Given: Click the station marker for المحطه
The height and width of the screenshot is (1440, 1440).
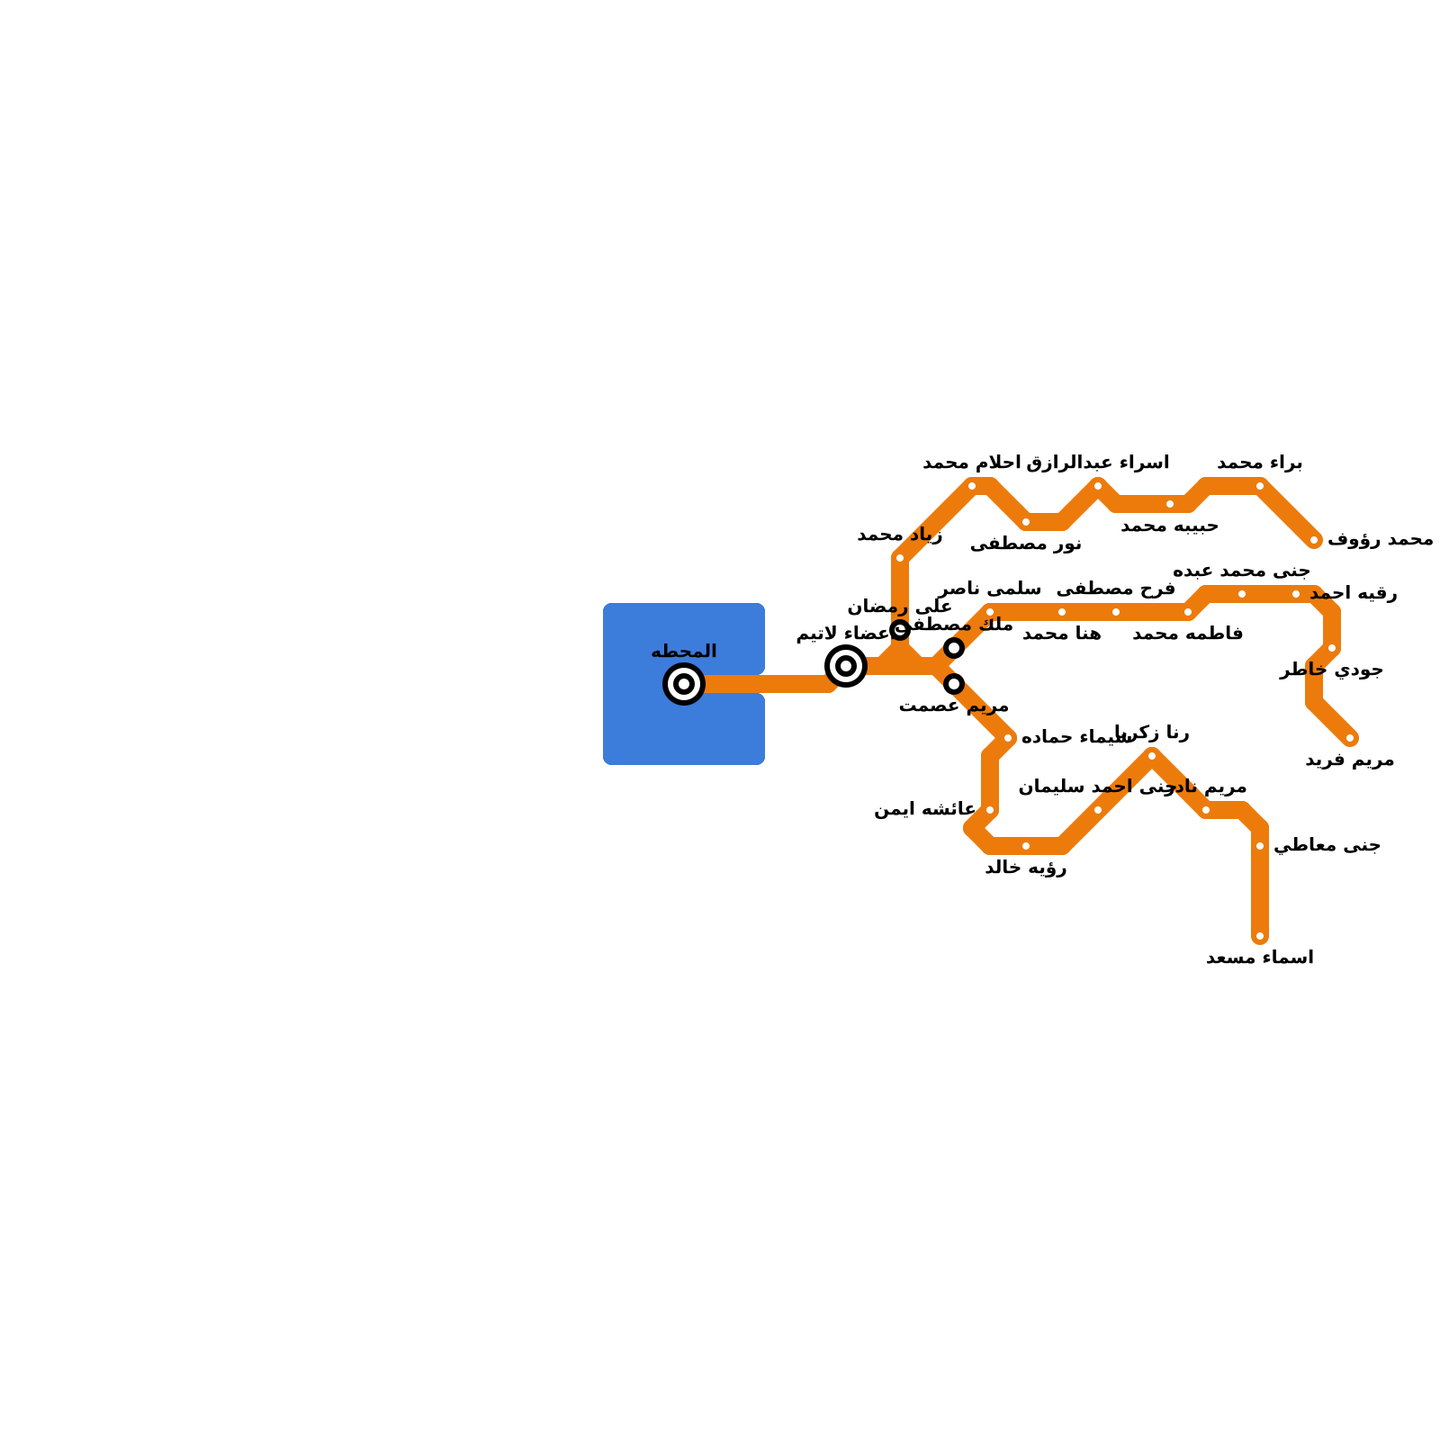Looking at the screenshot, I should click(684, 684).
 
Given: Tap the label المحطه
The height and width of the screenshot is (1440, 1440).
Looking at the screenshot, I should click(684, 652).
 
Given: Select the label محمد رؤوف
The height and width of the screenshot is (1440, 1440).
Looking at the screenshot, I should click(1380, 540).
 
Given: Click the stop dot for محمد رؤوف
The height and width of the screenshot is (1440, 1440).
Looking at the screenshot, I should click(1314, 540).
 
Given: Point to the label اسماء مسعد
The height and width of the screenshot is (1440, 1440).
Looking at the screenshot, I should click(1260, 958).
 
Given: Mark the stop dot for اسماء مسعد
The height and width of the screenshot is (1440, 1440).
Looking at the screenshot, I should click(1260, 936).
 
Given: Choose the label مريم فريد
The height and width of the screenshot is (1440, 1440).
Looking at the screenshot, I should click(1350, 760).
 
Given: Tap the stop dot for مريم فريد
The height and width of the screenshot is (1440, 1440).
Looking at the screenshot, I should click(1350, 738).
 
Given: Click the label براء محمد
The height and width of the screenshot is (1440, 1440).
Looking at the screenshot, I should click(1260, 463).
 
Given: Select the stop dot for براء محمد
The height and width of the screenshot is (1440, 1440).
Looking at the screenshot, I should click(1260, 486).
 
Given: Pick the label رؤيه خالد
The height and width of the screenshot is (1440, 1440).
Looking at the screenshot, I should click(1026, 868).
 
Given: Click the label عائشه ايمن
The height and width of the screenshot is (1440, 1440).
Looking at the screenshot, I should click(924, 810).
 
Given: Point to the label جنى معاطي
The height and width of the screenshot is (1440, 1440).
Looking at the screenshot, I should click(1327, 846).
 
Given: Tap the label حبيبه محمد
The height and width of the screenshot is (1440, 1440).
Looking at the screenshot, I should click(1170, 526).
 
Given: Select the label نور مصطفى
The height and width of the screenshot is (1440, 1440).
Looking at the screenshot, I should click(1026, 544).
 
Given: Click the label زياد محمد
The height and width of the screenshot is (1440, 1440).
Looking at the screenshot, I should click(900, 535).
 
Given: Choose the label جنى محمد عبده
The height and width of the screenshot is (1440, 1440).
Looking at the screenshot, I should click(1242, 571).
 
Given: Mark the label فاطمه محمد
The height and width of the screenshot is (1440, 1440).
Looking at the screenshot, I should click(1188, 634).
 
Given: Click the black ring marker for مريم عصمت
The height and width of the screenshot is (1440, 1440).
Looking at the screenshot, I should click(954, 684).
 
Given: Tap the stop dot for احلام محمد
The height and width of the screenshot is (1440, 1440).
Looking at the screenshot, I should click(972, 486).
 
